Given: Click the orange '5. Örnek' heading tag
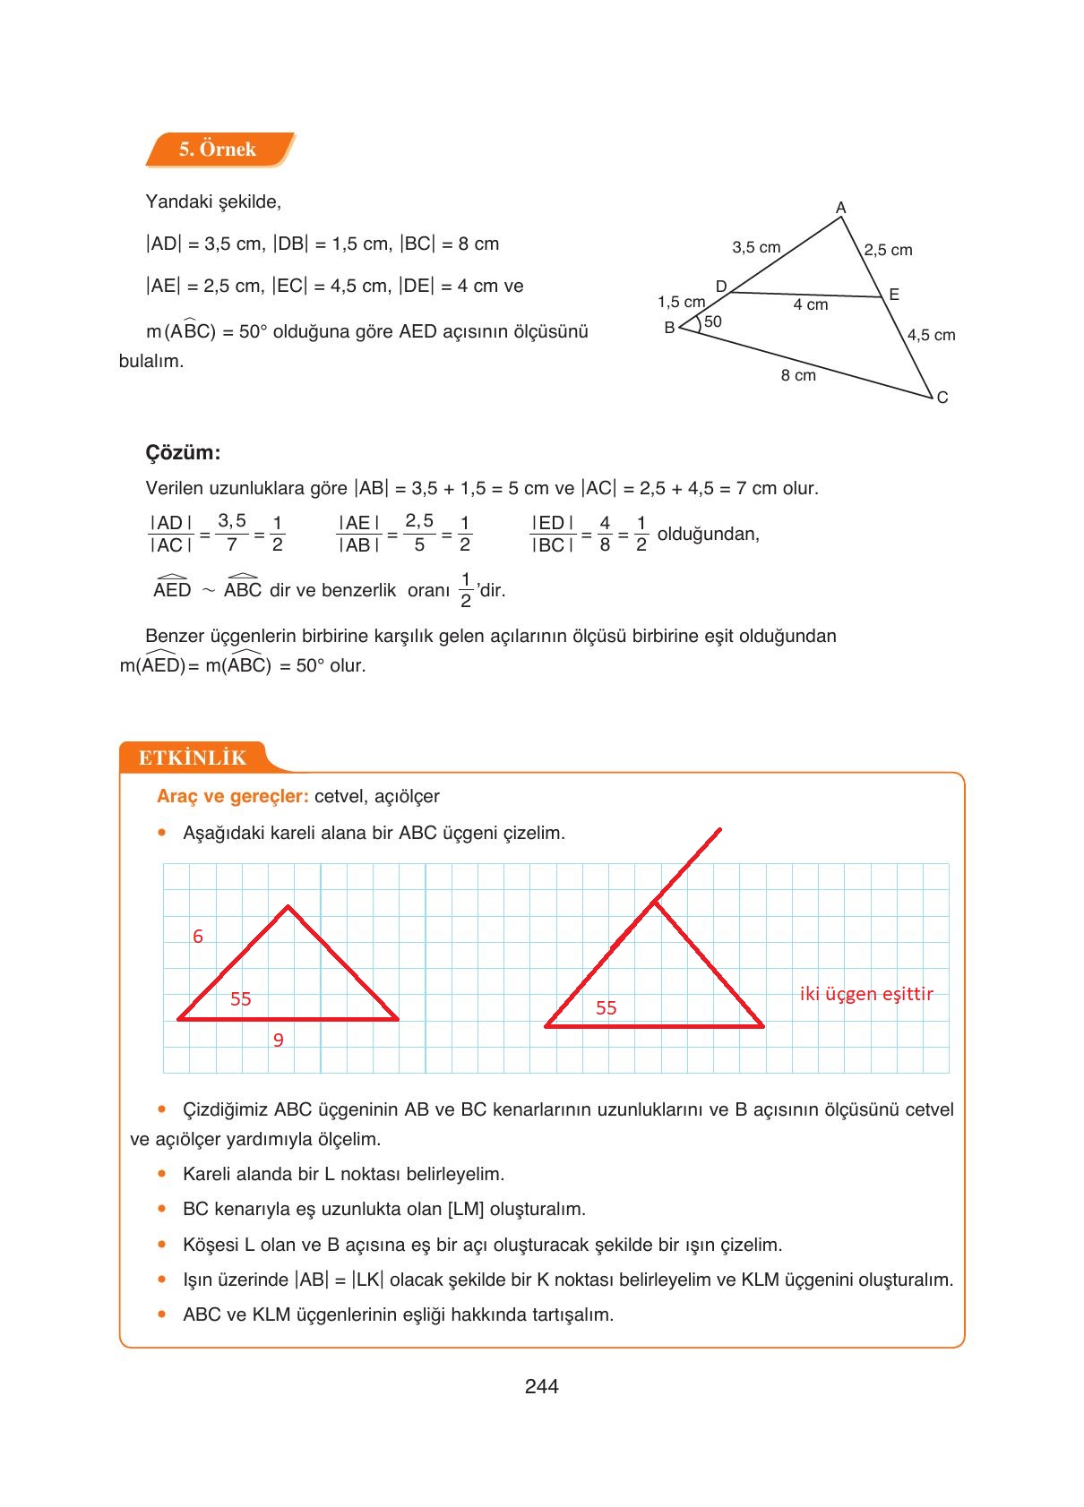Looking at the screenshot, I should pyautogui.click(x=218, y=150).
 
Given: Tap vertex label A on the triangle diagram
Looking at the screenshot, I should pyautogui.click(x=840, y=208).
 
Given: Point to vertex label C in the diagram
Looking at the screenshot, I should pyautogui.click(x=942, y=398).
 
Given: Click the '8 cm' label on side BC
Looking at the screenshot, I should pyautogui.click(x=798, y=375).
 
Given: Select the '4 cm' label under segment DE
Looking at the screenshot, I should pyautogui.click(x=811, y=305).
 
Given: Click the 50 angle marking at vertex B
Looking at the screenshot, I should pyautogui.click(x=713, y=321).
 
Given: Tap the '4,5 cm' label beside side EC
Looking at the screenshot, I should pyautogui.click(x=931, y=335).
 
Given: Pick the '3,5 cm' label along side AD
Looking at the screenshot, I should pyautogui.click(x=756, y=247).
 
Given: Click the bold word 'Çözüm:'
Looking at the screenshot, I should pyautogui.click(x=183, y=452).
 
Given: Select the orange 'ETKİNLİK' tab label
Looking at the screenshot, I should pyautogui.click(x=192, y=758).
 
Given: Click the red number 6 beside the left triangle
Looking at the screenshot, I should pyautogui.click(x=198, y=937).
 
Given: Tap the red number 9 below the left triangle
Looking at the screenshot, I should pyautogui.click(x=279, y=1040).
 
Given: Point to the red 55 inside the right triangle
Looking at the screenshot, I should pyautogui.click(x=607, y=1008).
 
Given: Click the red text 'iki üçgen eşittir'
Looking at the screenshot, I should pyautogui.click(x=866, y=994).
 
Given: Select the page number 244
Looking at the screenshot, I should pyautogui.click(x=542, y=1387).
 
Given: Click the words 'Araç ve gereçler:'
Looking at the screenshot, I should pyautogui.click(x=233, y=796).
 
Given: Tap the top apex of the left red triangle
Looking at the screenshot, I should pyautogui.click(x=288, y=907).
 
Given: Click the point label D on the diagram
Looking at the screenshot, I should pyautogui.click(x=720, y=287).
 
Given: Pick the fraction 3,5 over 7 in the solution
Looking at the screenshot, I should pyautogui.click(x=232, y=532).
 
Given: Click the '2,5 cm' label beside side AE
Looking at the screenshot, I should pyautogui.click(x=888, y=250).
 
